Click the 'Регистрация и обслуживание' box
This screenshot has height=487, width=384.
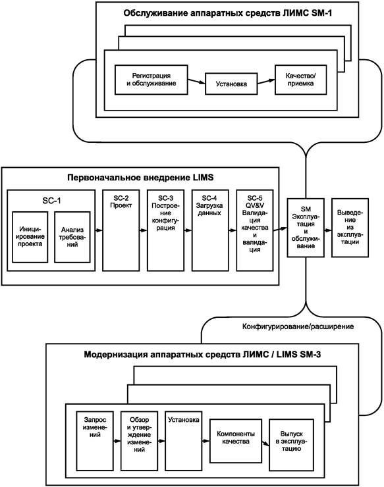[151, 80]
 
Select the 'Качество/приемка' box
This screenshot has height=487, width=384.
[300, 80]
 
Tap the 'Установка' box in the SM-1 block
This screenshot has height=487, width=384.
[231, 84]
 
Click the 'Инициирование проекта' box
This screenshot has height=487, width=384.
[30, 237]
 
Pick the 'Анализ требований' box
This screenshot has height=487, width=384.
[72, 237]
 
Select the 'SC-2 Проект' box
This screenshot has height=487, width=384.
[121, 230]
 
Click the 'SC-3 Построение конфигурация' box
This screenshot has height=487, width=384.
[165, 230]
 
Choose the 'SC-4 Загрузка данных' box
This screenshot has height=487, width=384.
[210, 230]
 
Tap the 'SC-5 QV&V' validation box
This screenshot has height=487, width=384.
[255, 230]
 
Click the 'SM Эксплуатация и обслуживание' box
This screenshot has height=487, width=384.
[306, 228]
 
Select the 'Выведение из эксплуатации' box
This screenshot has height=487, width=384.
[350, 228]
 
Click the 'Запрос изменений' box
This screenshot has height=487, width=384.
[95, 441]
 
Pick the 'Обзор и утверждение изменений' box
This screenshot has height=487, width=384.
[139, 441]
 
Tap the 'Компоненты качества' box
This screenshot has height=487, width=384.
[236, 441]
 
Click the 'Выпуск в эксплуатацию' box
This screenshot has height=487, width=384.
[291, 445]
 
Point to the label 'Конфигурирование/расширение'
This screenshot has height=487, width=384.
[298, 326]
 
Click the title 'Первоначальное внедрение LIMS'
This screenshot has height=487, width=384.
[140, 178]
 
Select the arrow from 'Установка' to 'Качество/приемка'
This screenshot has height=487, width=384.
[266, 82]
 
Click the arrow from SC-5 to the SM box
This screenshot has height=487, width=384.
[281, 229]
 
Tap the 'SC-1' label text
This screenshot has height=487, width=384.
[51, 201]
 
